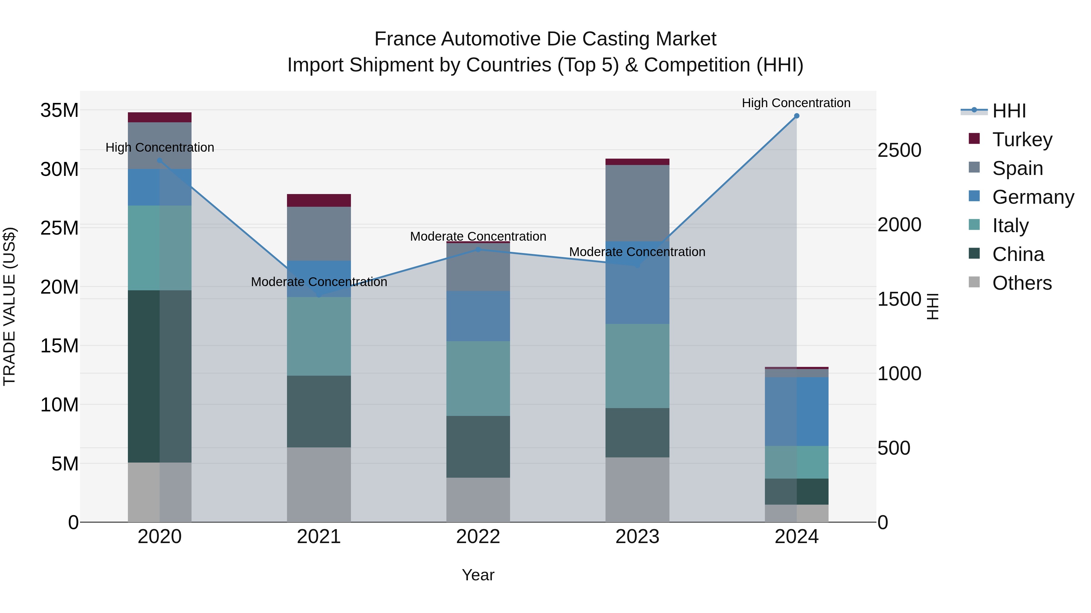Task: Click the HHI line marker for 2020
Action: pos(160,161)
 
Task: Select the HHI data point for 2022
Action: pos(478,250)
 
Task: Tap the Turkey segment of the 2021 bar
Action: pos(319,200)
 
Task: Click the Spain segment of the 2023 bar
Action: pos(637,203)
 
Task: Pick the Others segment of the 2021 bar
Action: pos(319,484)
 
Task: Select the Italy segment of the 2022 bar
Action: pos(478,379)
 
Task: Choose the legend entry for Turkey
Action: pos(1022,140)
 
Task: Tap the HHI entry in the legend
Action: pos(1009,111)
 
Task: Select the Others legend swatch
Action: pos(974,282)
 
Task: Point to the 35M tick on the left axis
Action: pos(59,110)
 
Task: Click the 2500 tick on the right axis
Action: pos(899,150)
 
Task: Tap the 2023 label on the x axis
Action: pos(637,537)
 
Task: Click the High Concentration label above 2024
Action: pos(796,103)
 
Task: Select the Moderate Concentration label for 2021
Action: pos(319,282)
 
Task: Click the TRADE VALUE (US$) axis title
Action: pos(9,306)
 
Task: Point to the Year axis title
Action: pos(478,575)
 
